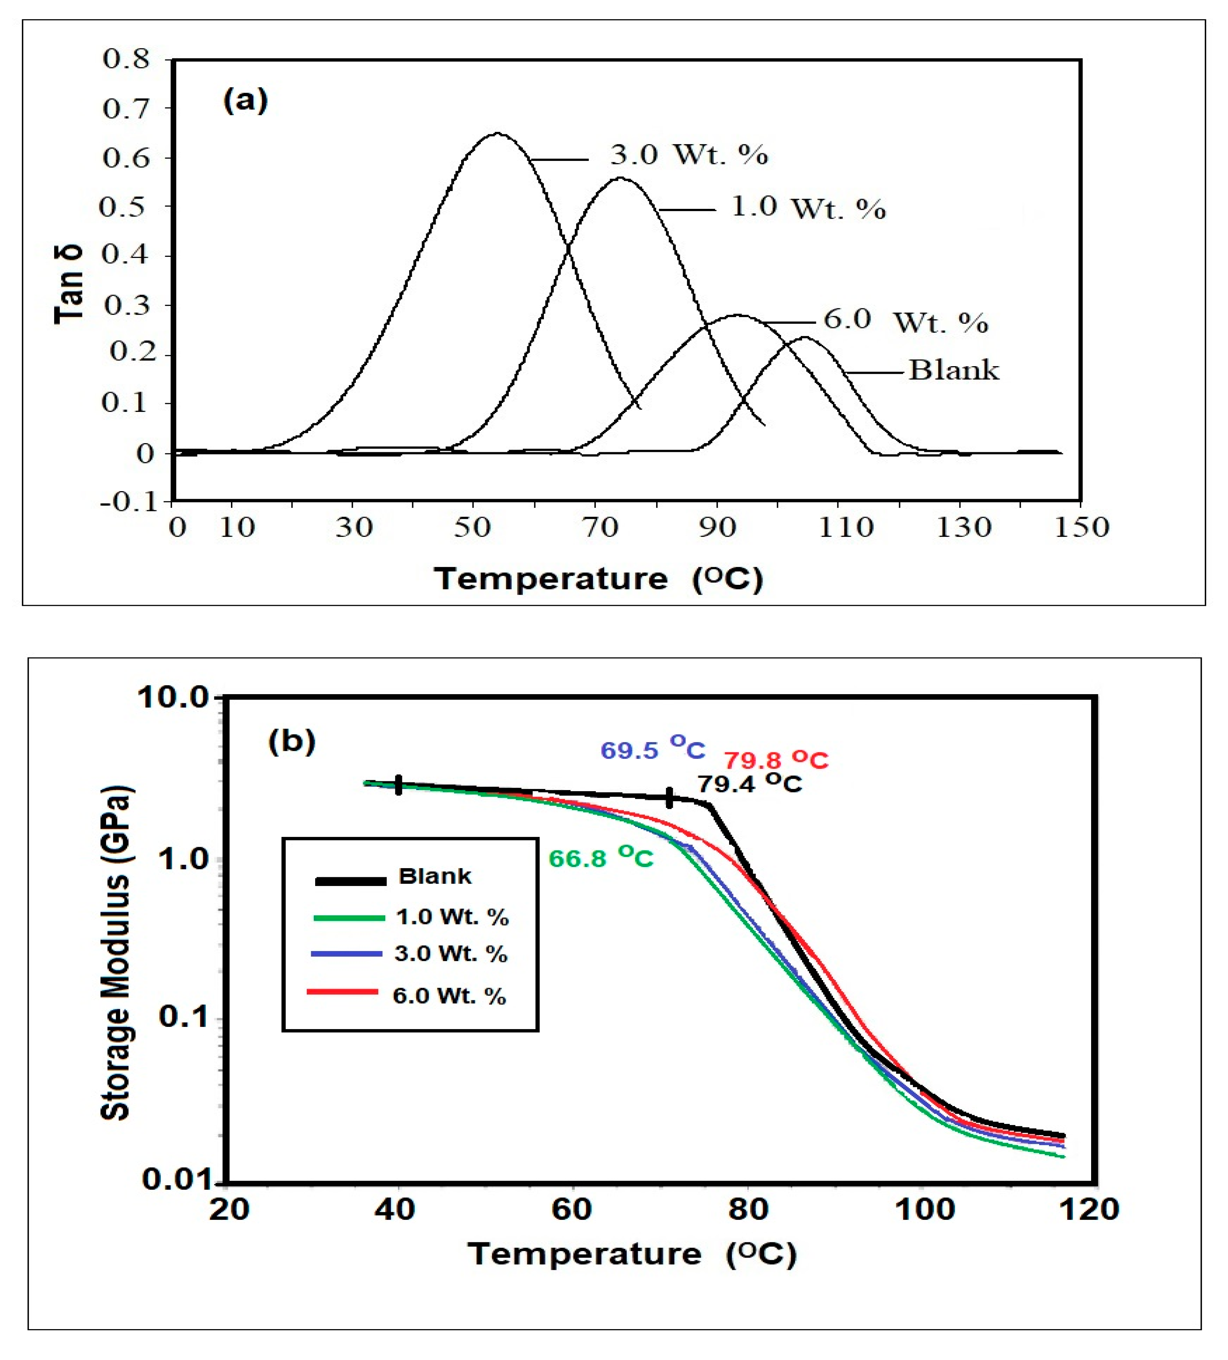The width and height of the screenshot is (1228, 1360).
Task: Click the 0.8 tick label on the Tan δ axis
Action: tap(126, 59)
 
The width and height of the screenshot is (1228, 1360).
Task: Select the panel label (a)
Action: tap(245, 101)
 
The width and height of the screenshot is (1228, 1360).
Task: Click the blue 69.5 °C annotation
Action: tap(652, 749)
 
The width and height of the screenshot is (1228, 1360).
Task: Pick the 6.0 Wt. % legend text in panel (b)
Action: tap(449, 996)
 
